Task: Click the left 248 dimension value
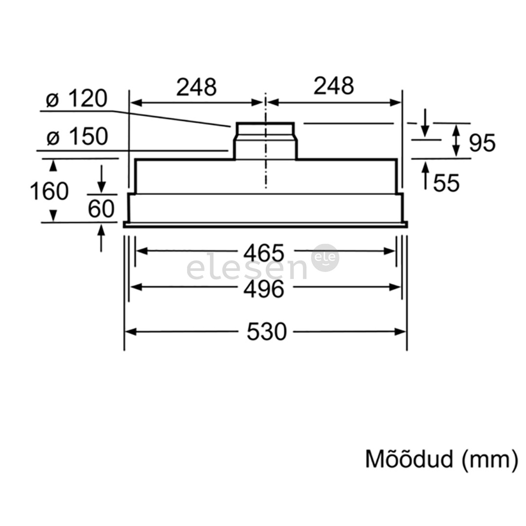[x=196, y=87]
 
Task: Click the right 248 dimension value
[x=334, y=86]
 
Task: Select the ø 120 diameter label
[x=76, y=99]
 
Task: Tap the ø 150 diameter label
[x=77, y=137]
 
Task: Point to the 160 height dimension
[x=49, y=191]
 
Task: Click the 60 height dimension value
[x=101, y=209]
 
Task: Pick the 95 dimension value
[x=482, y=143]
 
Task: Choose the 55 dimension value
[x=446, y=183]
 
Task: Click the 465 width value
[x=263, y=253]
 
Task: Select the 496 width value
[x=263, y=289]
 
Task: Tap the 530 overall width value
[x=266, y=332]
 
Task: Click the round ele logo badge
[x=325, y=258]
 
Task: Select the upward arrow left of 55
[x=425, y=174]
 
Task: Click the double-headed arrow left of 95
[x=456, y=140]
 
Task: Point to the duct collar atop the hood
[x=265, y=141]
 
